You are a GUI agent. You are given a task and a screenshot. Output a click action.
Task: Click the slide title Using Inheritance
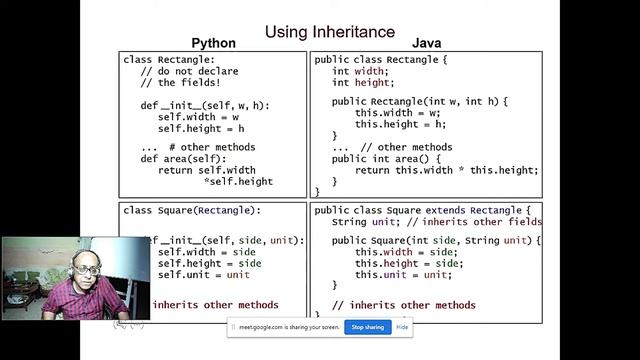point(329,33)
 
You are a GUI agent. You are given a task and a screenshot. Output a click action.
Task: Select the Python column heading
point(213,44)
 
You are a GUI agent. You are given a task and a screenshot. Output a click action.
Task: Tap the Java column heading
point(427,44)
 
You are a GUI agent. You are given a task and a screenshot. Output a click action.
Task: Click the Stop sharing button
point(367,327)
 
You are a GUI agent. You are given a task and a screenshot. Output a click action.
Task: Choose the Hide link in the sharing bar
point(402,327)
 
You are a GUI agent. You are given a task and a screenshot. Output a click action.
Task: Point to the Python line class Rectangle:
point(169,60)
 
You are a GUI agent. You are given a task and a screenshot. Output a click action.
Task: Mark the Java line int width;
point(358,72)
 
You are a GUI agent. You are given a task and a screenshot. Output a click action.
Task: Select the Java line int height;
point(361,83)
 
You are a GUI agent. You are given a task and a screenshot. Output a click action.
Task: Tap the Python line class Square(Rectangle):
point(191,211)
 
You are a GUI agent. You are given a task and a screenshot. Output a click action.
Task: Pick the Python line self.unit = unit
point(203,275)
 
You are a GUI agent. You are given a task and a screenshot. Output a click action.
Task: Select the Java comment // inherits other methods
point(403,305)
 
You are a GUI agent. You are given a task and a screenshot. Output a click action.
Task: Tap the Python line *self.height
point(238,182)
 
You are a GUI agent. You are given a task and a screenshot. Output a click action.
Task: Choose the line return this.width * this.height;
point(446,170)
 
